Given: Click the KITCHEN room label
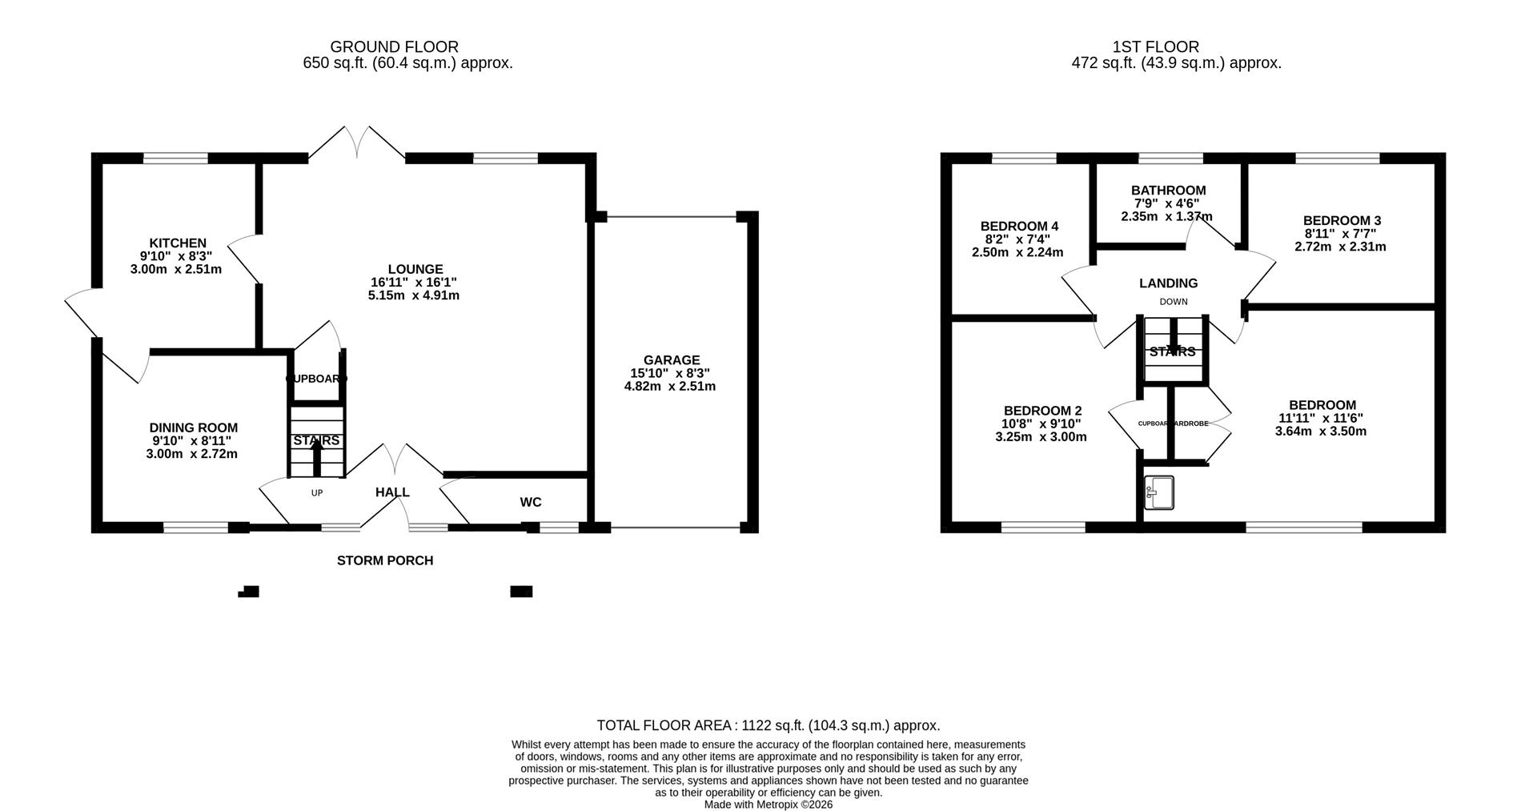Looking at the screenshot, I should pyautogui.click(x=177, y=243).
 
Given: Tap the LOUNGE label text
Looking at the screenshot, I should pyautogui.click(x=415, y=270).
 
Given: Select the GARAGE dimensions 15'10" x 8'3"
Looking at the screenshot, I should pyautogui.click(x=669, y=373).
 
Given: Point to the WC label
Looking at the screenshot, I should pyautogui.click(x=530, y=502).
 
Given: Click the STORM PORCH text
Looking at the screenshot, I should pyautogui.click(x=384, y=560).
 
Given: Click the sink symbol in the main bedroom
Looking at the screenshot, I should pyautogui.click(x=1158, y=492).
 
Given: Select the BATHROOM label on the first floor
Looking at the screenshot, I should pyautogui.click(x=1168, y=191).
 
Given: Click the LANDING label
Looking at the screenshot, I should pyautogui.click(x=1168, y=283).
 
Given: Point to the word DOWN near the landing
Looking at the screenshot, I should pyautogui.click(x=1173, y=302).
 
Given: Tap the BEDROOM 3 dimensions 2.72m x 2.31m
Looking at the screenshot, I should pyautogui.click(x=1340, y=247).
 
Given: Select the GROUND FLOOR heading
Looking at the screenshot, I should pyautogui.click(x=394, y=47).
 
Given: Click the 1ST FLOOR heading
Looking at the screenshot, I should pyautogui.click(x=1177, y=47).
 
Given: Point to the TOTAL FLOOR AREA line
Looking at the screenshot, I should pyautogui.click(x=768, y=725).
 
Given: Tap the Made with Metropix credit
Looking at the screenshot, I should pyautogui.click(x=768, y=805).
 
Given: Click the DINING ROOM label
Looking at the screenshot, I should pyautogui.click(x=193, y=428).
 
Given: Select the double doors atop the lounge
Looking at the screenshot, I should pyautogui.click(x=357, y=143).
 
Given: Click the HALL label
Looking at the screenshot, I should pyautogui.click(x=392, y=492).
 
